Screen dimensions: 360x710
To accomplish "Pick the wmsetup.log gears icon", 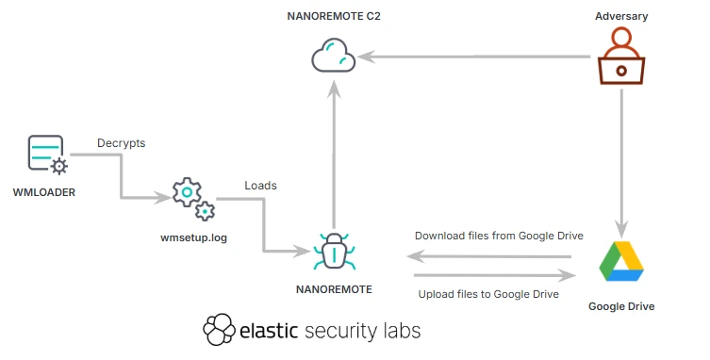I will pos(191,200).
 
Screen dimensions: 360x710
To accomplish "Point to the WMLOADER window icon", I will pos(46,155).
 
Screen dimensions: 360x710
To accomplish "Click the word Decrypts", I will pos(121,144).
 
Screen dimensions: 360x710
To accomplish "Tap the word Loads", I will pos(260,186).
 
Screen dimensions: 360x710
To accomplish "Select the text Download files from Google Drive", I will pos(499,236).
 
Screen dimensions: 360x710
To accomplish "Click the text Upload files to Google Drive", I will pos(488,294).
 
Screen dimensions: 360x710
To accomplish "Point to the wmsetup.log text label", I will pos(194,237).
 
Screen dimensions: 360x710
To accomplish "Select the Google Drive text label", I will pos(620,306).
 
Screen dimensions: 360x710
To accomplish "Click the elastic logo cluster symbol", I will pos(219,330).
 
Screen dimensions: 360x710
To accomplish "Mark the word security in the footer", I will pos(338,332).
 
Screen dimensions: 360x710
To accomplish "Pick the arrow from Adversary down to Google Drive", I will pos(620,160).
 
